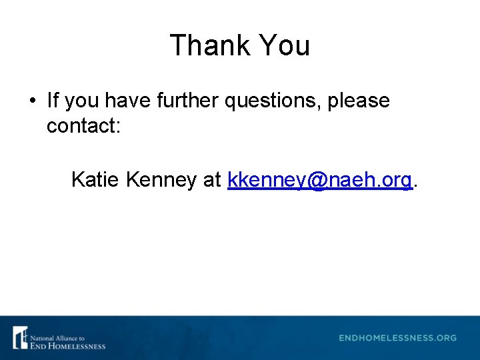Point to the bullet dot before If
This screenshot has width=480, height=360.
(x=32, y=101)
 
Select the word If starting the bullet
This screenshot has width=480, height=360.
(x=53, y=101)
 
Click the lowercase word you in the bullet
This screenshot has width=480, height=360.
(x=82, y=101)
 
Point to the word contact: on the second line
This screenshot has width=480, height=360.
(x=83, y=125)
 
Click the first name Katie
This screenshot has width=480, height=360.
(x=95, y=179)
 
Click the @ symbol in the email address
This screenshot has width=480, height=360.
(x=317, y=180)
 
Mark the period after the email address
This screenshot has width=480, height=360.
(x=416, y=185)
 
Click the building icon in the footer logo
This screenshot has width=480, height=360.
(x=20, y=337)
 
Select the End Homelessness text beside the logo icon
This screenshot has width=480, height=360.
(x=67, y=346)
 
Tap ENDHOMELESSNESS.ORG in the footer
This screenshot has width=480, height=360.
(x=397, y=338)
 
